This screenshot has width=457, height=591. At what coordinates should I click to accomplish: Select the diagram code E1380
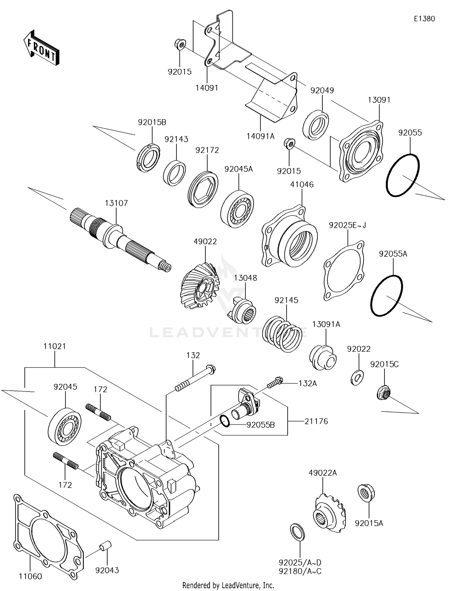424,19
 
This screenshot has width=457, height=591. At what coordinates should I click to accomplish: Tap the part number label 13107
116,203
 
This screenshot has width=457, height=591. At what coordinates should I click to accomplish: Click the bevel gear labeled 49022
198,287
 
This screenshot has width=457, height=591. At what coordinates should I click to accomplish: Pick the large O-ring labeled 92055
402,176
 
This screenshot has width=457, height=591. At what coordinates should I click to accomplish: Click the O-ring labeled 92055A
387,295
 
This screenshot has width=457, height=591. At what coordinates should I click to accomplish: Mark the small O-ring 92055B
225,421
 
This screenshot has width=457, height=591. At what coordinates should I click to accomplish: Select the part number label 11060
30,576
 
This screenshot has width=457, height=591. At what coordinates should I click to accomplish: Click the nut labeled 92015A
365,493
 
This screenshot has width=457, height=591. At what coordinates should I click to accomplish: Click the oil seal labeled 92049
316,125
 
